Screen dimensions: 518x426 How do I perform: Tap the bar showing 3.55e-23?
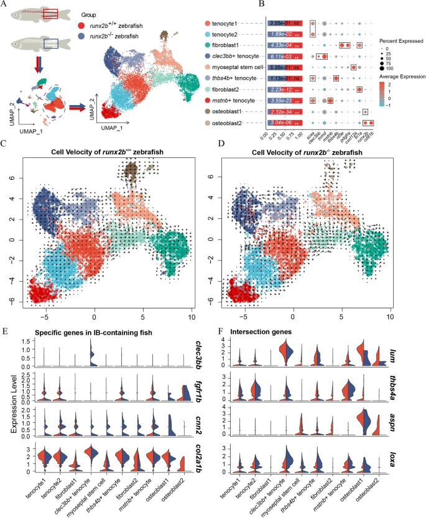(287, 99)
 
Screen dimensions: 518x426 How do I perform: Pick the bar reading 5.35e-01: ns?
(287, 67)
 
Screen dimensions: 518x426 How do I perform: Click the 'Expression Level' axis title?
(7, 410)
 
